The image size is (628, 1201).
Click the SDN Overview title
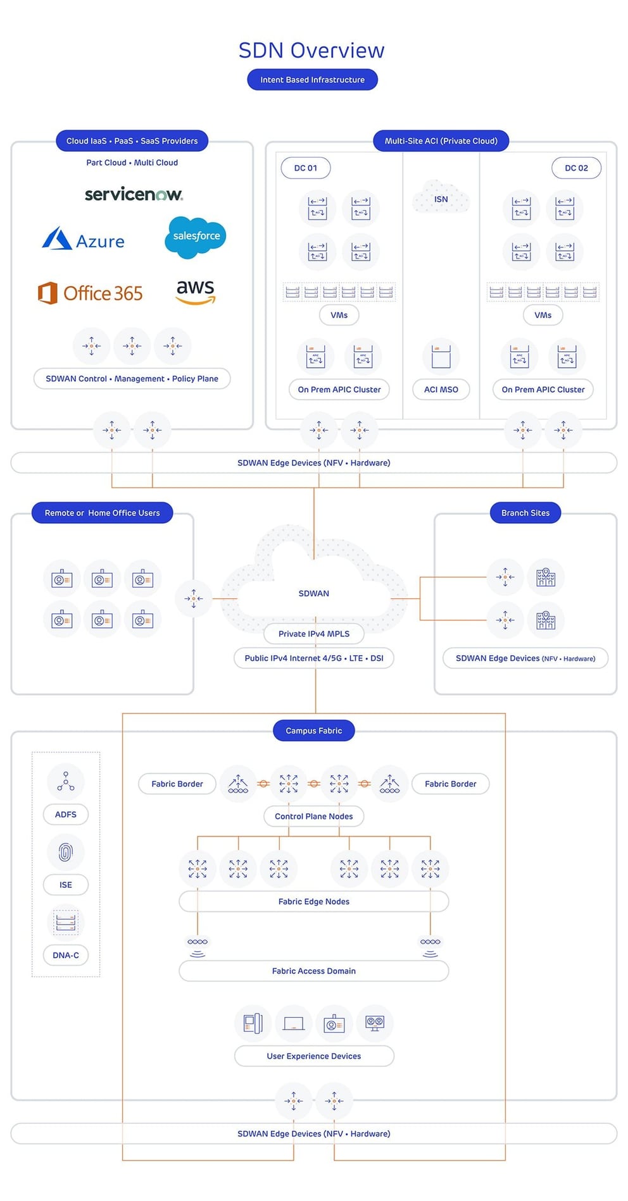pyautogui.click(x=311, y=51)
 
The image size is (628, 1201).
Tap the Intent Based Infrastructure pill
pyautogui.click(x=312, y=80)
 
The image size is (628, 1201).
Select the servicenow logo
pyautogui.click(x=134, y=194)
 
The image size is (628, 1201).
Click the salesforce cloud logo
pyautogui.click(x=196, y=237)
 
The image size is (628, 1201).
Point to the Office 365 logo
pyautogui.click(x=91, y=293)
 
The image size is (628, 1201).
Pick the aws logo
pyautogui.click(x=196, y=292)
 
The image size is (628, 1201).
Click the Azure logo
pyautogui.click(x=84, y=240)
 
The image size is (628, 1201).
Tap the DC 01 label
pyautogui.click(x=305, y=168)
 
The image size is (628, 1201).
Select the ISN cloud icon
pyautogui.click(x=441, y=197)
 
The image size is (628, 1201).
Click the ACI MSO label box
pyautogui.click(x=441, y=390)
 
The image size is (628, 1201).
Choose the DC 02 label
pyautogui.click(x=576, y=168)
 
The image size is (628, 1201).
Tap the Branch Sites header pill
pyautogui.click(x=525, y=513)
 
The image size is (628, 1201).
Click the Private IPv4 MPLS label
pyautogui.click(x=314, y=634)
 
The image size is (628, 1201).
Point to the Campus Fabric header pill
pyautogui.click(x=313, y=730)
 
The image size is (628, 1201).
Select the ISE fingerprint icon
pyautogui.click(x=65, y=852)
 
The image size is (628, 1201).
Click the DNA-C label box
pyautogui.click(x=65, y=955)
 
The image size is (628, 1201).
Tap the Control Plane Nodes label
pyautogui.click(x=313, y=816)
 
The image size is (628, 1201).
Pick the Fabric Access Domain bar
pyautogui.click(x=313, y=971)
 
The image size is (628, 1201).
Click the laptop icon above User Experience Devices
pyautogui.click(x=294, y=1023)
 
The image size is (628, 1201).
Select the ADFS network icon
pyautogui.click(x=65, y=781)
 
